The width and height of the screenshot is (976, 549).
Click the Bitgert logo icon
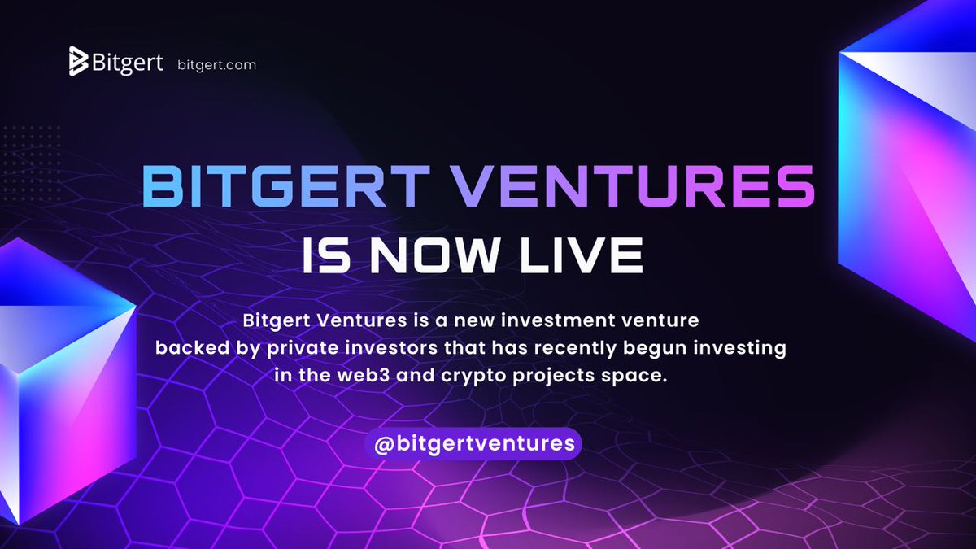tap(79, 62)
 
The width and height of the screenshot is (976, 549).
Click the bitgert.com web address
tap(216, 64)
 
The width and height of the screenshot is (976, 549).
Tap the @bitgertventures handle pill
tap(473, 444)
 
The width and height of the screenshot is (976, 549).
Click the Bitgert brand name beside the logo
tap(129, 63)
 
